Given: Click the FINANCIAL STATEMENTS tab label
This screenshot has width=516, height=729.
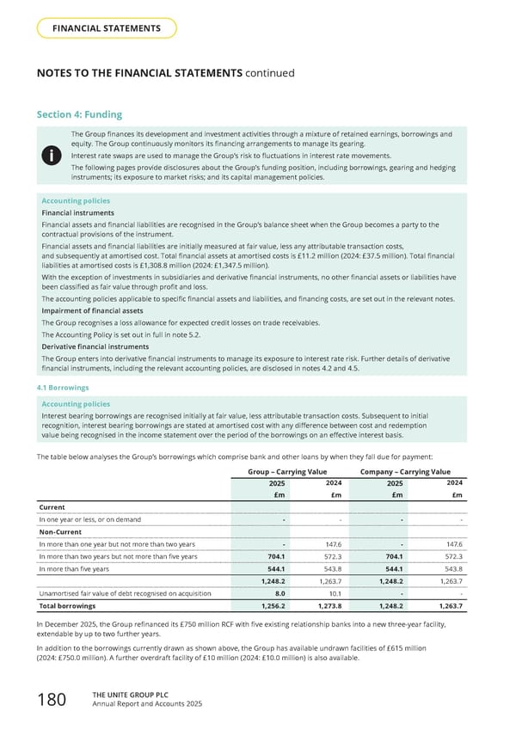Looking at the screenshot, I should click(107, 28).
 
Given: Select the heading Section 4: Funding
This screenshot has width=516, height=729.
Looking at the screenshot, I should click(79, 114).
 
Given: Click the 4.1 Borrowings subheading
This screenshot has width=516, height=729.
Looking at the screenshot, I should click(65, 388).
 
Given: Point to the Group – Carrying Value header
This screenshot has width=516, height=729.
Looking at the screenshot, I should click(287, 471).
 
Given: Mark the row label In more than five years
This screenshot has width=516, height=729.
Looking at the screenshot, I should click(74, 568).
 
